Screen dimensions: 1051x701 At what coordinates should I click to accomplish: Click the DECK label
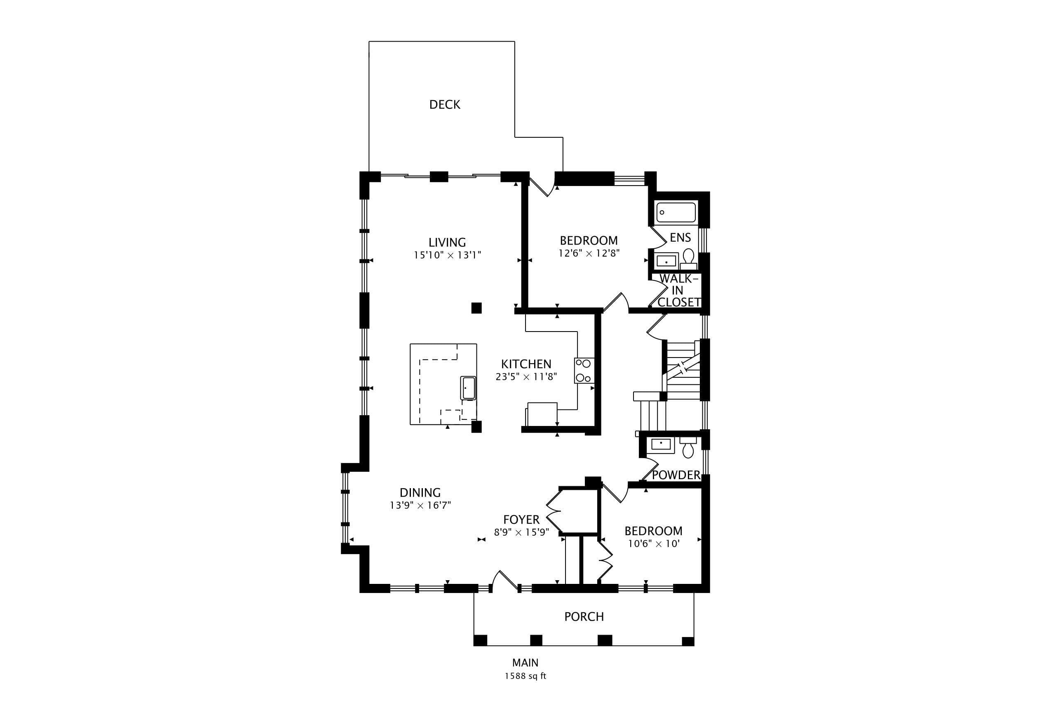445,105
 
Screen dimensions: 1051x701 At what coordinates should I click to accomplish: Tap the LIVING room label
447,242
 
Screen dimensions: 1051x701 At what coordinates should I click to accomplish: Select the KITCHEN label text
526,364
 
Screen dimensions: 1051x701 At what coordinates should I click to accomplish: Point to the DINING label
420,493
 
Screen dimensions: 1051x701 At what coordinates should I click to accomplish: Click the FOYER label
521,520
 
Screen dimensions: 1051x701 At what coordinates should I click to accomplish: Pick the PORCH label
584,616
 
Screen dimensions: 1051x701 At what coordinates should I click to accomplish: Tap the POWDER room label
676,475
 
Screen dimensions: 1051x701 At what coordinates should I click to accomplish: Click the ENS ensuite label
680,238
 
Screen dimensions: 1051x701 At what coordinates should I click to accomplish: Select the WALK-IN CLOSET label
679,290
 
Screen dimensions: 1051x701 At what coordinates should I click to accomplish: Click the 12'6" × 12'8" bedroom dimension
589,253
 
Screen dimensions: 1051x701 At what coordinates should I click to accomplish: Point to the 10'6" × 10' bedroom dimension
654,543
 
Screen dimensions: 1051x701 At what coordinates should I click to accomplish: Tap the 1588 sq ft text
525,676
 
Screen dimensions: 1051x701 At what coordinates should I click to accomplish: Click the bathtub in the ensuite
676,212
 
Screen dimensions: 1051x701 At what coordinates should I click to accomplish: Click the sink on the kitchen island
468,388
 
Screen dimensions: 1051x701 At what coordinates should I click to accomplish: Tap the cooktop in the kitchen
584,371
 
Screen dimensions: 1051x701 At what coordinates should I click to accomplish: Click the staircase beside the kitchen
681,370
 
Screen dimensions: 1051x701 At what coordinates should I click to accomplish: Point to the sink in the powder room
662,445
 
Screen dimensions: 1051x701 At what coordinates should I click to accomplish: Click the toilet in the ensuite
688,259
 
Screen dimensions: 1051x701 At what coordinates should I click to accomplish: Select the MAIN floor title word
525,663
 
